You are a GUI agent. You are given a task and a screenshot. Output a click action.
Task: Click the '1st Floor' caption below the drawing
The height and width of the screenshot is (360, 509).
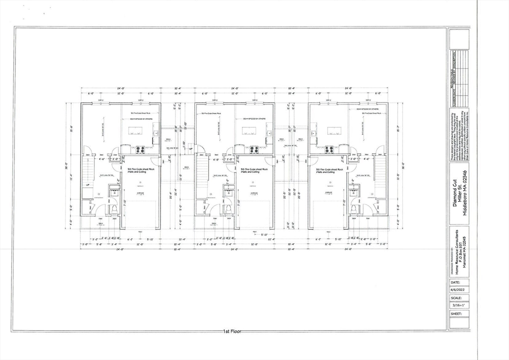[233, 331]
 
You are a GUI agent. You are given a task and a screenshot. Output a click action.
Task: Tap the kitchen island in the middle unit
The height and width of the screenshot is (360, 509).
[249, 131]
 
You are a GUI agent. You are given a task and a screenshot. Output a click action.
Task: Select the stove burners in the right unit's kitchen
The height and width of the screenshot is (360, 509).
[329, 149]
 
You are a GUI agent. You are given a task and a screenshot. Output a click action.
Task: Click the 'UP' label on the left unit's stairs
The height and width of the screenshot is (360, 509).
[88, 184]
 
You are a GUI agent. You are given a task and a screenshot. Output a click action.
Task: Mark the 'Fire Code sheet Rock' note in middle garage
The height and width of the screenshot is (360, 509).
[254, 170]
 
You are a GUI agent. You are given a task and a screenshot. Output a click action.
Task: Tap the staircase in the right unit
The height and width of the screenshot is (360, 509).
[380, 177]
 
